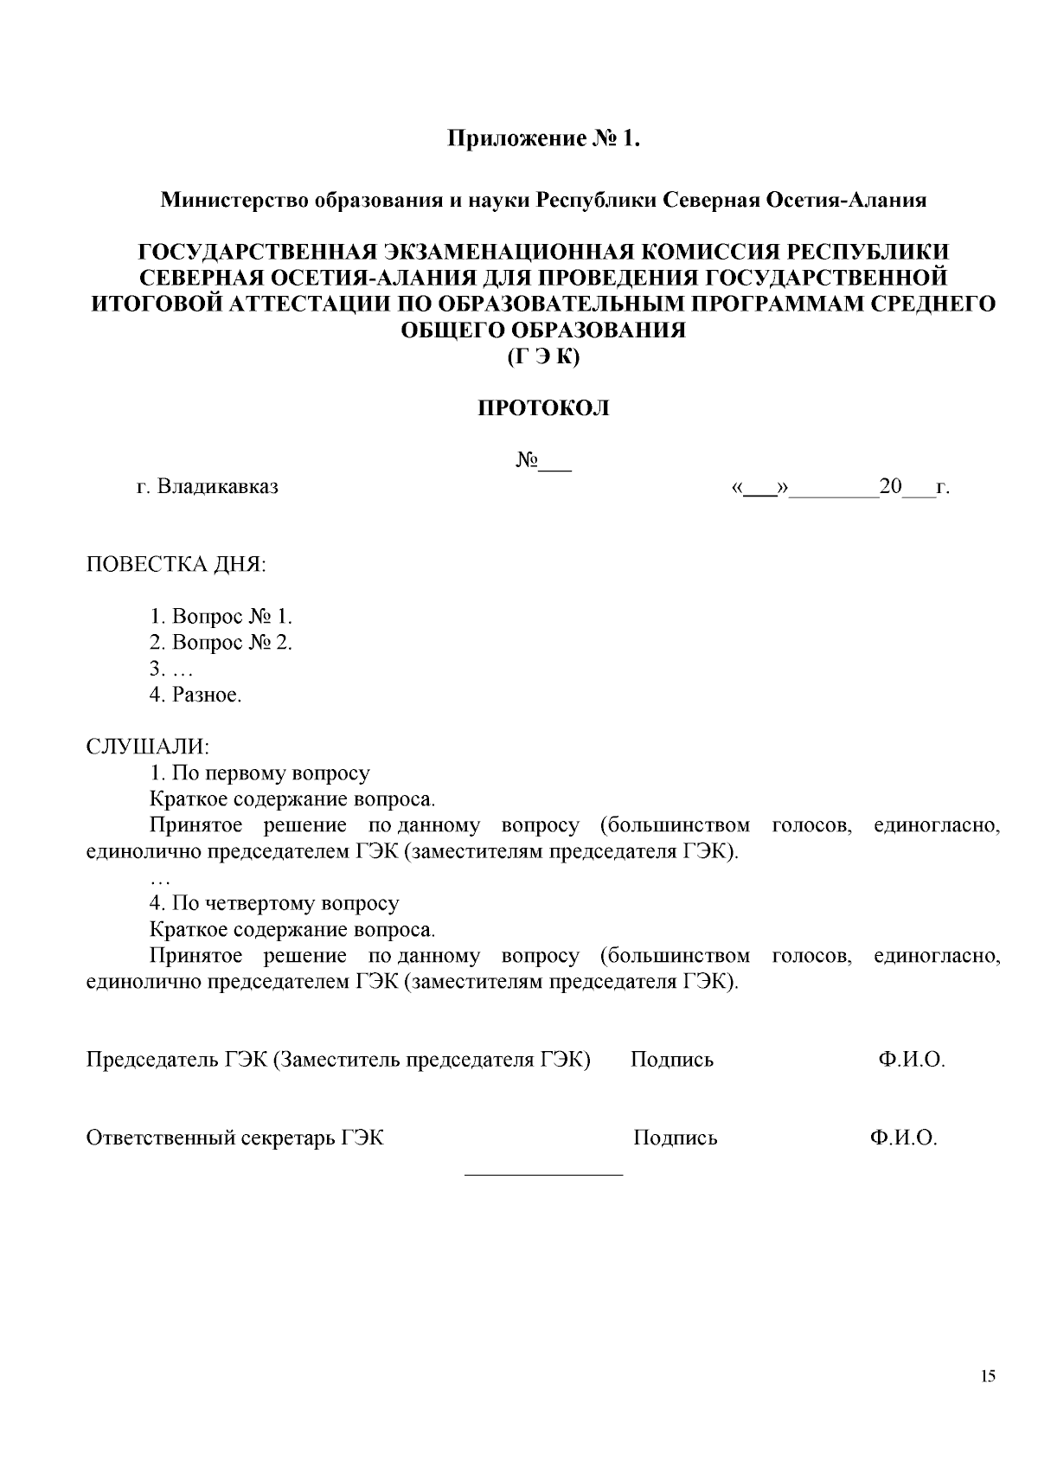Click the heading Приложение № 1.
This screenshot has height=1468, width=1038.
tap(544, 138)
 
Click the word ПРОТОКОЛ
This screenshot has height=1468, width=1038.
tap(544, 408)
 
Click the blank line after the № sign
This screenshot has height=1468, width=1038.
tap(555, 468)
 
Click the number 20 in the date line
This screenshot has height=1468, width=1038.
tap(890, 486)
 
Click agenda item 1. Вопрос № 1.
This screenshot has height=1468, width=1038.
tap(221, 617)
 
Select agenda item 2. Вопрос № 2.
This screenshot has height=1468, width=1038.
tap(221, 643)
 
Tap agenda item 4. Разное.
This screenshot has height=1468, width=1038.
tap(195, 695)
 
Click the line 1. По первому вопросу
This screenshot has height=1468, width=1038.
tap(259, 773)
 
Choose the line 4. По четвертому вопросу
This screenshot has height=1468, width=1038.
tap(274, 904)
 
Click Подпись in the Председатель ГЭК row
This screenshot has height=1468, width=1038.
tap(672, 1060)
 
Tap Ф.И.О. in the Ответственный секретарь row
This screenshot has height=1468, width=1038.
tap(904, 1138)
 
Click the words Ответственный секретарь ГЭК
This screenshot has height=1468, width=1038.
tap(234, 1138)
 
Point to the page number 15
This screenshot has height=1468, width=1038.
tap(989, 1376)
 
